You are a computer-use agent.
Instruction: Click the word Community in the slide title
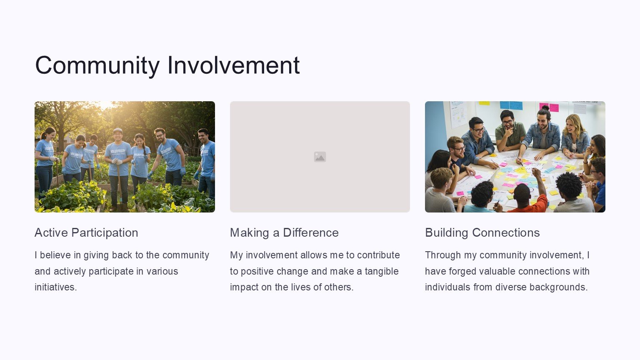click(97, 66)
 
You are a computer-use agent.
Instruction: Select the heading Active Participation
click(86, 233)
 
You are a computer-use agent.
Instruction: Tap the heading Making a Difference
click(284, 232)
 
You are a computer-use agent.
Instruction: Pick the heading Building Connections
click(482, 232)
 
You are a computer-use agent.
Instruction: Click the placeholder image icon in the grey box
click(320, 157)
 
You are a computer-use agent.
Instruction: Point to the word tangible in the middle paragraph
click(381, 271)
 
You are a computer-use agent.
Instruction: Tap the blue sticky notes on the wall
click(511, 105)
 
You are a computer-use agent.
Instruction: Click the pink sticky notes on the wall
click(550, 107)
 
